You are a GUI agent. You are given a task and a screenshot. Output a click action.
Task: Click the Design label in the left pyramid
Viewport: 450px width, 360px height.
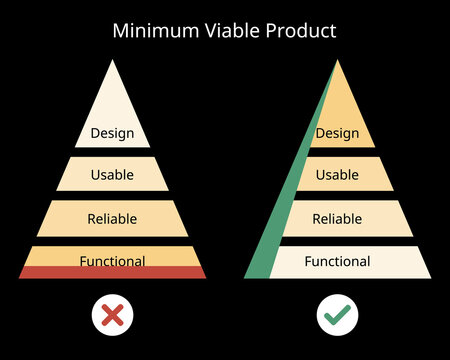[x=112, y=132]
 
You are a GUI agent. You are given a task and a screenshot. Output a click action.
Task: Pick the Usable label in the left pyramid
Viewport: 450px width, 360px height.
[x=112, y=175]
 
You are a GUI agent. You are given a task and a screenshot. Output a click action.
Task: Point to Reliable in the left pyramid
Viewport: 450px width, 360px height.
[x=112, y=218]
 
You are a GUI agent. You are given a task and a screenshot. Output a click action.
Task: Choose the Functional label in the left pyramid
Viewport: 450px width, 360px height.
[x=112, y=261]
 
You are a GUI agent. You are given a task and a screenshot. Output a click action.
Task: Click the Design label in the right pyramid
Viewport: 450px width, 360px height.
[x=337, y=132]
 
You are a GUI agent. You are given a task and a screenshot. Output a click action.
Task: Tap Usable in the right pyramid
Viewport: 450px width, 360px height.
[x=337, y=175]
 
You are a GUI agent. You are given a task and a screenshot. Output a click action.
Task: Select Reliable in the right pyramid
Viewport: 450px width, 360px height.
[x=337, y=218]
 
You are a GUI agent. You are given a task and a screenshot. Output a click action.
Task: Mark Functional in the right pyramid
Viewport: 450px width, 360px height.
[x=337, y=262]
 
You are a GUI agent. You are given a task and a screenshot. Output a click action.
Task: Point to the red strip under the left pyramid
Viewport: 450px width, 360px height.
[x=112, y=273]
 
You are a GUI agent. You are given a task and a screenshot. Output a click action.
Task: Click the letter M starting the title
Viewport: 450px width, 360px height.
[x=120, y=30]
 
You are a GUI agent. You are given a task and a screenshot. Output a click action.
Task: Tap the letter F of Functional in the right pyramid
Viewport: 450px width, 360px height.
[x=308, y=262]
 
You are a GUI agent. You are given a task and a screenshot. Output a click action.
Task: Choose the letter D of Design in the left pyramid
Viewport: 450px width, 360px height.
[x=94, y=132]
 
